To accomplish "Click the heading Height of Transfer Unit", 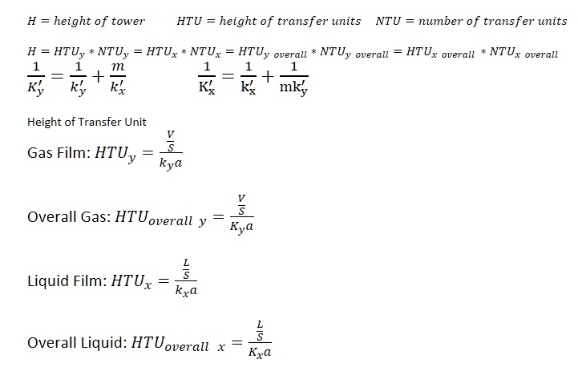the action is (87, 122).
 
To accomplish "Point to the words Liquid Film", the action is (65, 280).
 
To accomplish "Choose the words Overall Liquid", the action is (75, 343).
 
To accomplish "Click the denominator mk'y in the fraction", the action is (293, 87).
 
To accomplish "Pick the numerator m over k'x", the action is (118, 67).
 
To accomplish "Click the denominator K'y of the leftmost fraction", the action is (36, 87).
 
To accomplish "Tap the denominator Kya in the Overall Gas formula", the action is (242, 227).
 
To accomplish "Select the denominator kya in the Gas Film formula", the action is (171, 163).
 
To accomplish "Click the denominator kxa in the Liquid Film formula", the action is (186, 290).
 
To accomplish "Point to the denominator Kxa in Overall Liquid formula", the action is (260, 353).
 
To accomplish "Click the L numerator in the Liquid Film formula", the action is (186, 263).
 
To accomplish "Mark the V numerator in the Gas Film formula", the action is (170, 134).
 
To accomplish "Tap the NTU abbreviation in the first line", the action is (388, 21).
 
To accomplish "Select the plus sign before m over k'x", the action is (98, 77).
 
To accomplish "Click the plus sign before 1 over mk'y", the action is (268, 77).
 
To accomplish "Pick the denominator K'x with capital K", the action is (207, 87).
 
